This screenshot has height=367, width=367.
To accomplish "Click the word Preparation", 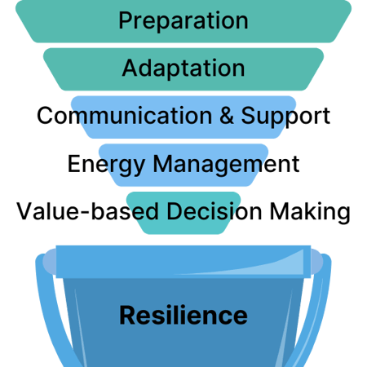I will pos(183,20).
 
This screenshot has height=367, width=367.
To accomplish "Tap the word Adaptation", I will pos(183,67).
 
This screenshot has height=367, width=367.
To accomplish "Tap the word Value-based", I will pos(87,212).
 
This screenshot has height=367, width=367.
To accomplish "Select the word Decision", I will pos(207,212).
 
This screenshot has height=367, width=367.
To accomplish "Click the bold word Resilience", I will pos(183,314).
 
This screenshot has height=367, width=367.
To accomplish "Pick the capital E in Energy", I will pos(73,163).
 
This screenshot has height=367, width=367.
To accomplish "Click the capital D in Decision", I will pos(175,212).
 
